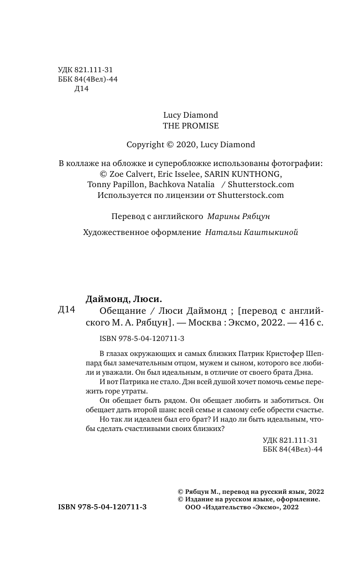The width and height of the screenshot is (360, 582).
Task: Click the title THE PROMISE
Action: click(x=190, y=126)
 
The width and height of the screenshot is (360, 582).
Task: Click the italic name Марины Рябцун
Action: click(x=245, y=217)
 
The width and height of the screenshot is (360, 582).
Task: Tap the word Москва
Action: click(x=199, y=322)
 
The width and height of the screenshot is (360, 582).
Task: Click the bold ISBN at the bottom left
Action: click(x=102, y=507)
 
